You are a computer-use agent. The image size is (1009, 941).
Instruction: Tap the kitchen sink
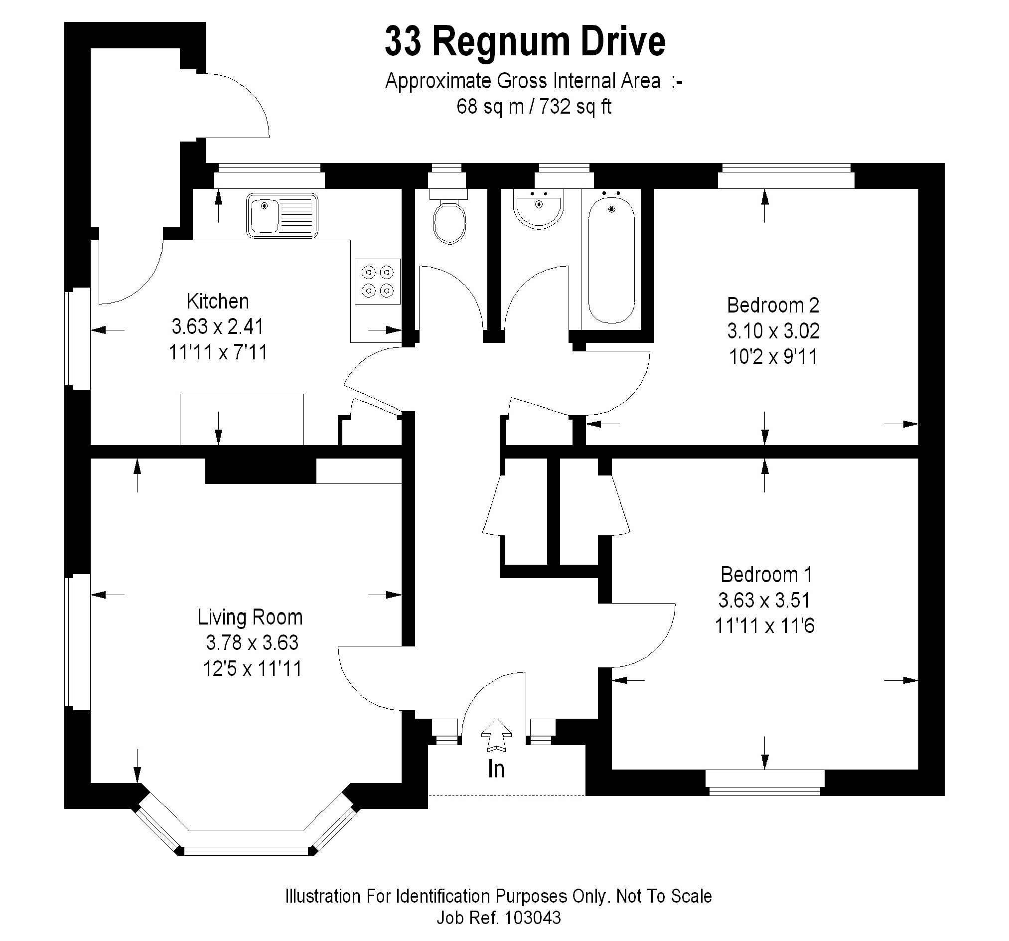point(283,215)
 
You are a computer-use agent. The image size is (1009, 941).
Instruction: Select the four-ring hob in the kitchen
point(378,282)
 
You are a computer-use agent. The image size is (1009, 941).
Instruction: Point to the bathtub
point(611,260)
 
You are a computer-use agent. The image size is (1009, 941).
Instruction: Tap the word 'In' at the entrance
point(496,770)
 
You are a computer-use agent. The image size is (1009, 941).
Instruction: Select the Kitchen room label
point(218,302)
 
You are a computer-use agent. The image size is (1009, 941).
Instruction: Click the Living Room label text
point(250,618)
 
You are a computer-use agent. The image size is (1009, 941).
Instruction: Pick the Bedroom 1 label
point(766,575)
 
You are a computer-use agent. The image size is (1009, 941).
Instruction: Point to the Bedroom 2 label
point(773,306)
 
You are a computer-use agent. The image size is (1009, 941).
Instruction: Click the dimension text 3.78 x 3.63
point(252,643)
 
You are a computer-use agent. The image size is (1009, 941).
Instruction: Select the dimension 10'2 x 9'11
point(773,357)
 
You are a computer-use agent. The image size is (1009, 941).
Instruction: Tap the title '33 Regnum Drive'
point(525,42)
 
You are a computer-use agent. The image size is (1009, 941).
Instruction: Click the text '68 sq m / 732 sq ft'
point(534,107)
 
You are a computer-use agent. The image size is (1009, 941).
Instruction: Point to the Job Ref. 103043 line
point(499,918)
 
